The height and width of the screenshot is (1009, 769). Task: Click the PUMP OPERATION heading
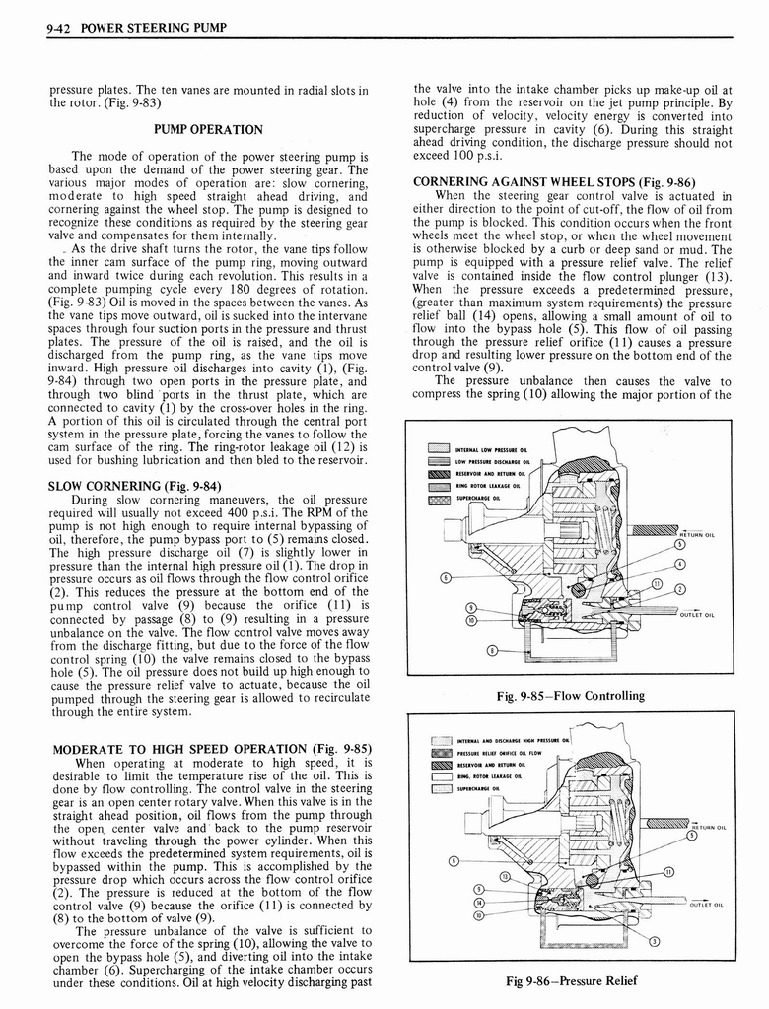(x=208, y=129)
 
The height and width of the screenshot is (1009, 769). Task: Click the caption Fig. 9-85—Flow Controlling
(x=572, y=695)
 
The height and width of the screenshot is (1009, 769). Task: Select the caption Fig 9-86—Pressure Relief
(x=572, y=980)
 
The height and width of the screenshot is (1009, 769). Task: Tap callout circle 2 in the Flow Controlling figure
(x=679, y=589)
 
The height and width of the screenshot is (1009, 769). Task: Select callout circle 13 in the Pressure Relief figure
(x=506, y=877)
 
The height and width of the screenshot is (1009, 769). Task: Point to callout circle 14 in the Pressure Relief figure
(x=480, y=902)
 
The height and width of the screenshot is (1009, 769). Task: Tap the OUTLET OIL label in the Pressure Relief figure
(x=706, y=904)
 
